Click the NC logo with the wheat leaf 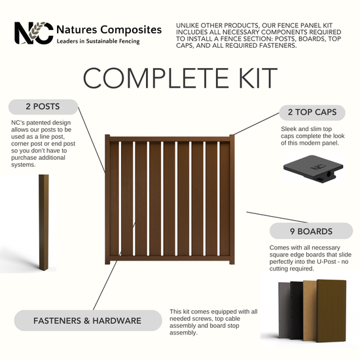tap(34, 33)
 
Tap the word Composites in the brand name tap(131, 30)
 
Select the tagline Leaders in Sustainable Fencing tap(98, 41)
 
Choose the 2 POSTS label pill tap(43, 107)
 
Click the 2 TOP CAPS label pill tap(312, 113)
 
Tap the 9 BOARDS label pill tap(311, 231)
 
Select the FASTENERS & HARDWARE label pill tap(88, 321)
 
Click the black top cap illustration tap(313, 169)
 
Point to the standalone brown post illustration tap(44, 223)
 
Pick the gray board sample tap(284, 310)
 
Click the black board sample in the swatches tap(297, 310)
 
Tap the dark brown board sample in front tap(331, 311)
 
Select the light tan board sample tap(310, 310)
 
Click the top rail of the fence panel tap(170, 139)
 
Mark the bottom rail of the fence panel tap(170, 258)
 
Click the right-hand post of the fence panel tap(232, 199)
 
